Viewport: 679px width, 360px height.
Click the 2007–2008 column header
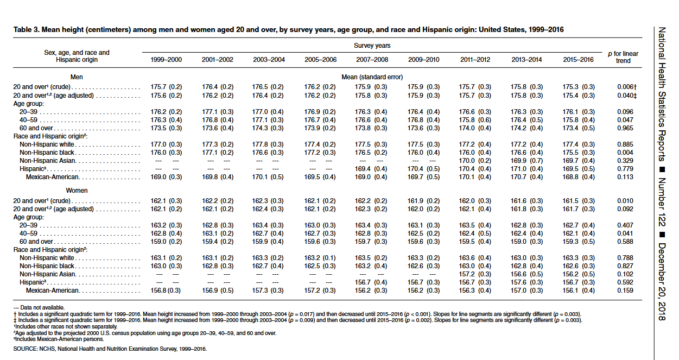coord(372,60)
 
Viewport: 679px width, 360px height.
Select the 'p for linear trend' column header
coord(623,57)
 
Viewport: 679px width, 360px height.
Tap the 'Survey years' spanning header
coord(372,46)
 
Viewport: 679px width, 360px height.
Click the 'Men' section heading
coord(77,77)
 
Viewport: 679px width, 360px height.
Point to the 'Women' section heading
coord(77,191)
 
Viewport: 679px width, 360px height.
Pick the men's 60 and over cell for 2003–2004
coord(268,128)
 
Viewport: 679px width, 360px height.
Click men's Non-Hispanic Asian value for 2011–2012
coord(475,161)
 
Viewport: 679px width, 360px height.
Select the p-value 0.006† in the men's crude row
coord(627,87)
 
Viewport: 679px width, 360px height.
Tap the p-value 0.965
coord(625,128)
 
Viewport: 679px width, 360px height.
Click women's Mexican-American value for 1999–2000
coord(166,290)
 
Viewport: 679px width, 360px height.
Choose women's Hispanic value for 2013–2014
coord(526,282)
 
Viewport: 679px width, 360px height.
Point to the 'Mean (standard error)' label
coord(372,77)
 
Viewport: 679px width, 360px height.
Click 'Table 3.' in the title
coord(27,30)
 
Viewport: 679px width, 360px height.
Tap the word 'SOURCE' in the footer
coord(25,349)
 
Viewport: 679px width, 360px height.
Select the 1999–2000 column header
coord(166,60)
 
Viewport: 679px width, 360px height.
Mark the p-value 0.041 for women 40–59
coord(625,233)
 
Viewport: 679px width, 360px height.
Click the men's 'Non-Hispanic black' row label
coord(47,153)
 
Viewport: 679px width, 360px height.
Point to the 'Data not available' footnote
coord(39,307)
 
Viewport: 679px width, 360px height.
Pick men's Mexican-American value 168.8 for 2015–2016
coord(570,177)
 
